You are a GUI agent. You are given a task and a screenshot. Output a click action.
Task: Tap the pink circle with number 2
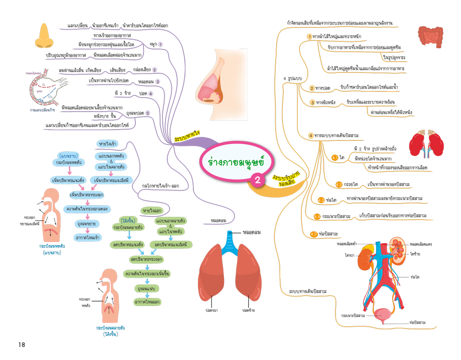click(257, 180)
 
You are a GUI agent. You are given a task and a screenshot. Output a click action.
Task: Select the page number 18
click(22, 345)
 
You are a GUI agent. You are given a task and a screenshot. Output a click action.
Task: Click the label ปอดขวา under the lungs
click(210, 310)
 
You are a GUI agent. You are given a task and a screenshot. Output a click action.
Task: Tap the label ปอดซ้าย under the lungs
click(249, 310)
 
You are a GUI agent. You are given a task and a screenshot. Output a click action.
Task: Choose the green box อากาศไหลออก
click(148, 302)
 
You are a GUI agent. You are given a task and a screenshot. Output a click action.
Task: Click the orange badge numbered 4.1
click(335, 158)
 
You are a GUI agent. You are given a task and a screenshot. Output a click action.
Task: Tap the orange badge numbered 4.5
click(313, 234)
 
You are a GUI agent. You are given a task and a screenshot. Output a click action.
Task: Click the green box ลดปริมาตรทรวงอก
click(147, 260)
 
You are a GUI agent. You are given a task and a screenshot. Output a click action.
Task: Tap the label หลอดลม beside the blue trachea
click(252, 233)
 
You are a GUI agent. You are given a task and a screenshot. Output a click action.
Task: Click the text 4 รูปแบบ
click(291, 79)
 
